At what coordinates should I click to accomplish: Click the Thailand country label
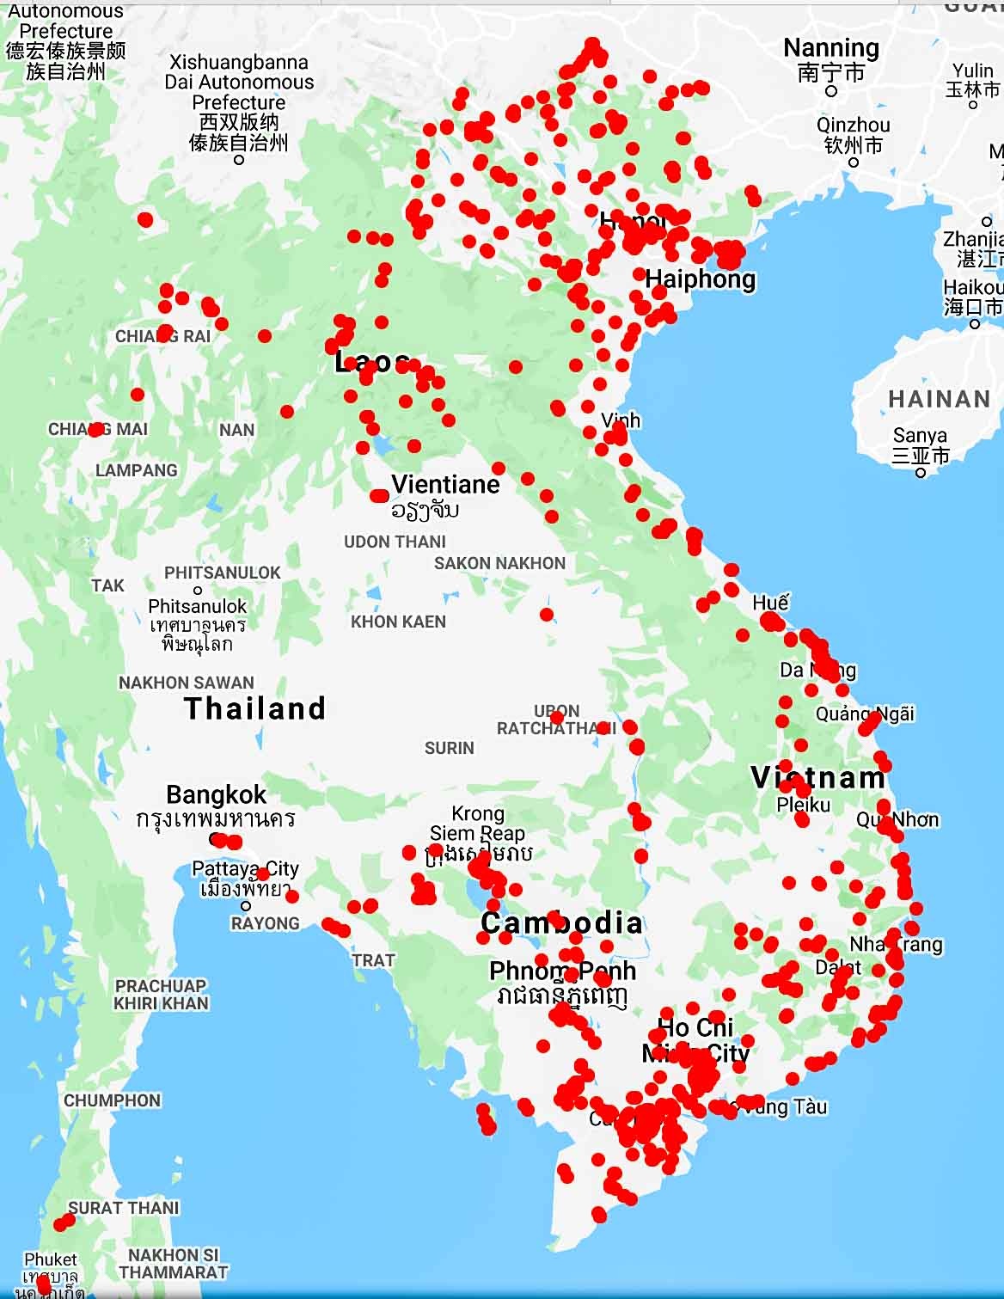point(254,708)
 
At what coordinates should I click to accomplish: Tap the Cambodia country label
point(561,923)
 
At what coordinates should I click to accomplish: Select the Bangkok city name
point(216,794)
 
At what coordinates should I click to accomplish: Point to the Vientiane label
point(445,484)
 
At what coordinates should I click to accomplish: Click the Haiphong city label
point(701,279)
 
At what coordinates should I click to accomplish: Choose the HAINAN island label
point(940,399)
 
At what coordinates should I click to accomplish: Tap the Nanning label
point(830,48)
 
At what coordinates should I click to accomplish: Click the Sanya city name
point(920,435)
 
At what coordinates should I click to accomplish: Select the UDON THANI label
point(395,542)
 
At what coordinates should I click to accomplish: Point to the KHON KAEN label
point(398,622)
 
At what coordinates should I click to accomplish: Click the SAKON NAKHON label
point(499,563)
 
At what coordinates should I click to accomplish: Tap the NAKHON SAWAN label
point(187,683)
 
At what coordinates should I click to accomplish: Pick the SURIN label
point(449,748)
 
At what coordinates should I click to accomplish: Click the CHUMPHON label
point(112,1100)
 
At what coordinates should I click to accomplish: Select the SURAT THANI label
point(124,1208)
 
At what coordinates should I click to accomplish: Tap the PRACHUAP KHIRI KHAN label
point(161,995)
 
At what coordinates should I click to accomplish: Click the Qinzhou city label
point(853,126)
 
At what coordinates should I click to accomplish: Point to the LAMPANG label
point(137,470)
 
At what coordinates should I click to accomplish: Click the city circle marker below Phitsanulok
point(198,590)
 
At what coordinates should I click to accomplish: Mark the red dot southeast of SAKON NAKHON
point(547,615)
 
